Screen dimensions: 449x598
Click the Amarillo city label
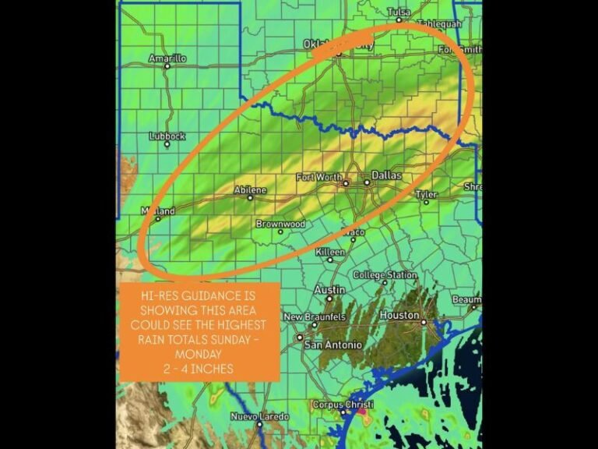[167, 58]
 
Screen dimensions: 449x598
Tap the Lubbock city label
[167, 136]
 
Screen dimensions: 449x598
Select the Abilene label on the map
[250, 189]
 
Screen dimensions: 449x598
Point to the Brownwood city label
[280, 224]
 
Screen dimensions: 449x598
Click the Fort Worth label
[318, 178]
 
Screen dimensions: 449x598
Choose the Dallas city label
[386, 175]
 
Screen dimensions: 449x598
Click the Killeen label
[330, 252]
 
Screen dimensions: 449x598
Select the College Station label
[385, 274]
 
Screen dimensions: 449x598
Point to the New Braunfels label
[314, 317]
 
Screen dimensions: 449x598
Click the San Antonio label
[332, 345]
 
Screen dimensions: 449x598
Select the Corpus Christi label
[343, 405]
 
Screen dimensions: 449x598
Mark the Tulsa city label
[398, 12]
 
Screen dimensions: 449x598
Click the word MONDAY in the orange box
[199, 353]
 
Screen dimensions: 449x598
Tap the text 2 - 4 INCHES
[199, 368]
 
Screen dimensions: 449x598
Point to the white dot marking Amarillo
[167, 67]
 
